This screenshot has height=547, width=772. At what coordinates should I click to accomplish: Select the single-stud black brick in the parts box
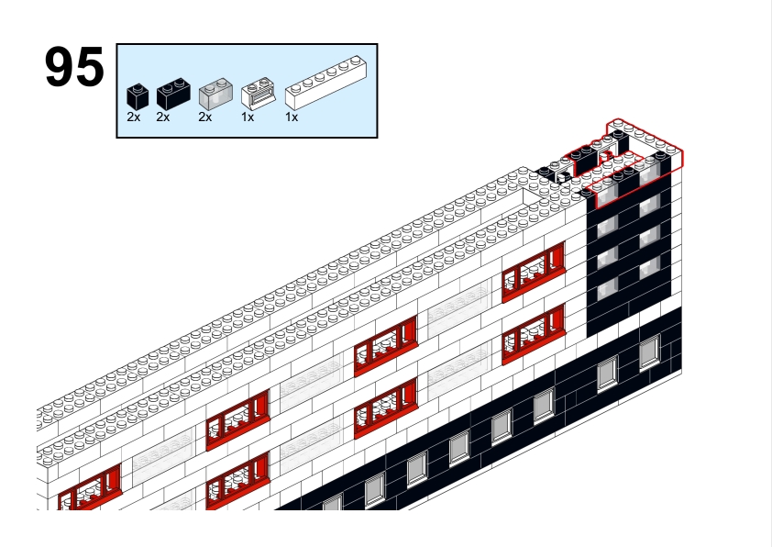point(138,96)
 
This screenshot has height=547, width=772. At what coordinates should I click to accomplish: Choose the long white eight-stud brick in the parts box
point(325,83)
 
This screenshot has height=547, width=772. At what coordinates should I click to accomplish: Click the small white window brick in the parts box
point(258,93)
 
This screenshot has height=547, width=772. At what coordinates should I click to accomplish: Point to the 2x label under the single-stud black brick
point(134,117)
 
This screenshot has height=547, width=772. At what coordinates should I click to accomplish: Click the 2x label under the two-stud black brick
point(163,117)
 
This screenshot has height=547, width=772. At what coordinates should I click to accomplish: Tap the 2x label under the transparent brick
point(205,117)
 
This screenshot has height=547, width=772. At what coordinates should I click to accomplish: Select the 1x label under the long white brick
point(292,117)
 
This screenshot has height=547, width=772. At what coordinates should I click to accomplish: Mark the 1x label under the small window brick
point(248,117)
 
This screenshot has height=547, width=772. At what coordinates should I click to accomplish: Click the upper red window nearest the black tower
point(534,272)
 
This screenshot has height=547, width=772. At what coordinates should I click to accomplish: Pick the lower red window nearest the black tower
point(534,334)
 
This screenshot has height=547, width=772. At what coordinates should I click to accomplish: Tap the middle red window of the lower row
point(386,407)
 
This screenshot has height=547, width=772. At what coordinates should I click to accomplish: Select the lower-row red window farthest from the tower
point(238,481)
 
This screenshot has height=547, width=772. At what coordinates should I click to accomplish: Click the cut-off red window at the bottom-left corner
point(90,488)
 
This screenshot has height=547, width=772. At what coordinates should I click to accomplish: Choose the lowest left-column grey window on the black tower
point(608,288)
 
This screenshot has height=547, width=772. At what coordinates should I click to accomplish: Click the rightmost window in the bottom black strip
point(650,352)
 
